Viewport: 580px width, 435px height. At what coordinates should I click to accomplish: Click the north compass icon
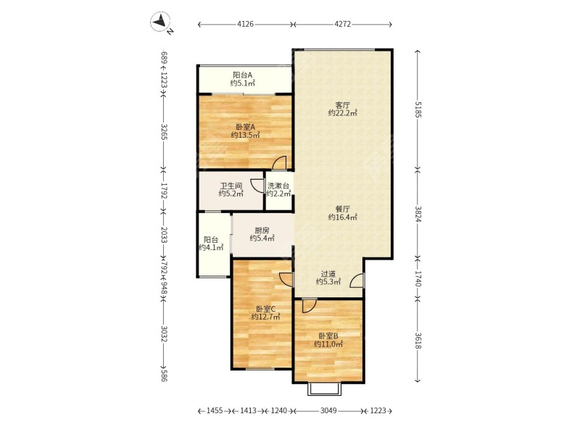160,22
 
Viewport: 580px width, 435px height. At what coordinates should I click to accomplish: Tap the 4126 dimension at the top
245,25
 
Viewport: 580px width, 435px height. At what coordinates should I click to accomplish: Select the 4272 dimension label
342,25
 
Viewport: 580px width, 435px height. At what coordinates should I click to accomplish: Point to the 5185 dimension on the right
418,109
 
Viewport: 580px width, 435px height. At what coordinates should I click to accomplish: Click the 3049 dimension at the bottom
328,410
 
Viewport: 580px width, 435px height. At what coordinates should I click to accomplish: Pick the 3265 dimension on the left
165,131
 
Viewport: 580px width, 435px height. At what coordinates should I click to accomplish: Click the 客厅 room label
342,105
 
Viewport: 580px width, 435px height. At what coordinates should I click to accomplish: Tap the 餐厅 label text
342,210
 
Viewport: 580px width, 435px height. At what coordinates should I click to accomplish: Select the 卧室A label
245,128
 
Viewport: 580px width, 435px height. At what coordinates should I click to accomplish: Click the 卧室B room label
328,336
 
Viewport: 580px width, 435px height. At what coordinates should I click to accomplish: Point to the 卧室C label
265,309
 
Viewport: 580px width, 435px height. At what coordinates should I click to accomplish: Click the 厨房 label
262,231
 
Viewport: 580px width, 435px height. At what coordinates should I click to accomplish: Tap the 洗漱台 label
278,186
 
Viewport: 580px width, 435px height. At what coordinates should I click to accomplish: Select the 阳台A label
243,75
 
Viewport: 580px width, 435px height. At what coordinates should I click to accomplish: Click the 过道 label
328,274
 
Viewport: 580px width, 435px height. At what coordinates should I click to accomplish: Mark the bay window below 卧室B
324,389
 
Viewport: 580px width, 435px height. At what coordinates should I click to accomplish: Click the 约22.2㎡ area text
342,113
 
